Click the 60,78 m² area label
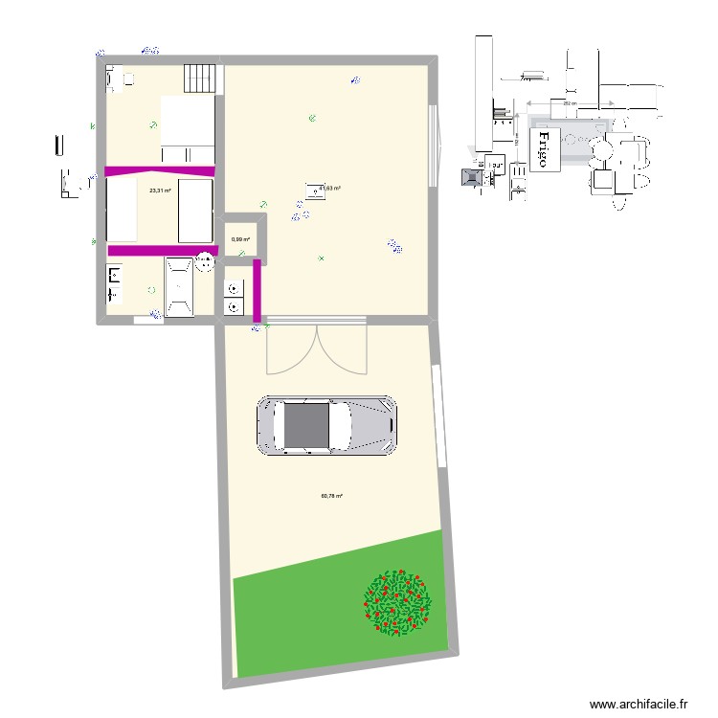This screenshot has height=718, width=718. pyautogui.click(x=331, y=496)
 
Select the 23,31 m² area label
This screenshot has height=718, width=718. pyautogui.click(x=160, y=191)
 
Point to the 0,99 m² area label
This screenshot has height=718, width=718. pyautogui.click(x=240, y=239)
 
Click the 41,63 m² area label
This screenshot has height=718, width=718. pyautogui.click(x=330, y=189)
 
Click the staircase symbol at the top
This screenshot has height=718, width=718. pyautogui.click(x=202, y=76)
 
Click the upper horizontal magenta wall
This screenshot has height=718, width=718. pyautogui.click(x=160, y=171)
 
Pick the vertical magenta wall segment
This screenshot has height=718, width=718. pyautogui.click(x=257, y=289)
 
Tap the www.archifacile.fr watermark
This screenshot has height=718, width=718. pyautogui.click(x=639, y=704)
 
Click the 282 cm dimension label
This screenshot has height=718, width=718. pyautogui.click(x=569, y=103)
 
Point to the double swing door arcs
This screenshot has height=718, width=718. pyautogui.click(x=316, y=348)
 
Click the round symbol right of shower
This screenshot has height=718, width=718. pyautogui.click(x=206, y=260)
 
